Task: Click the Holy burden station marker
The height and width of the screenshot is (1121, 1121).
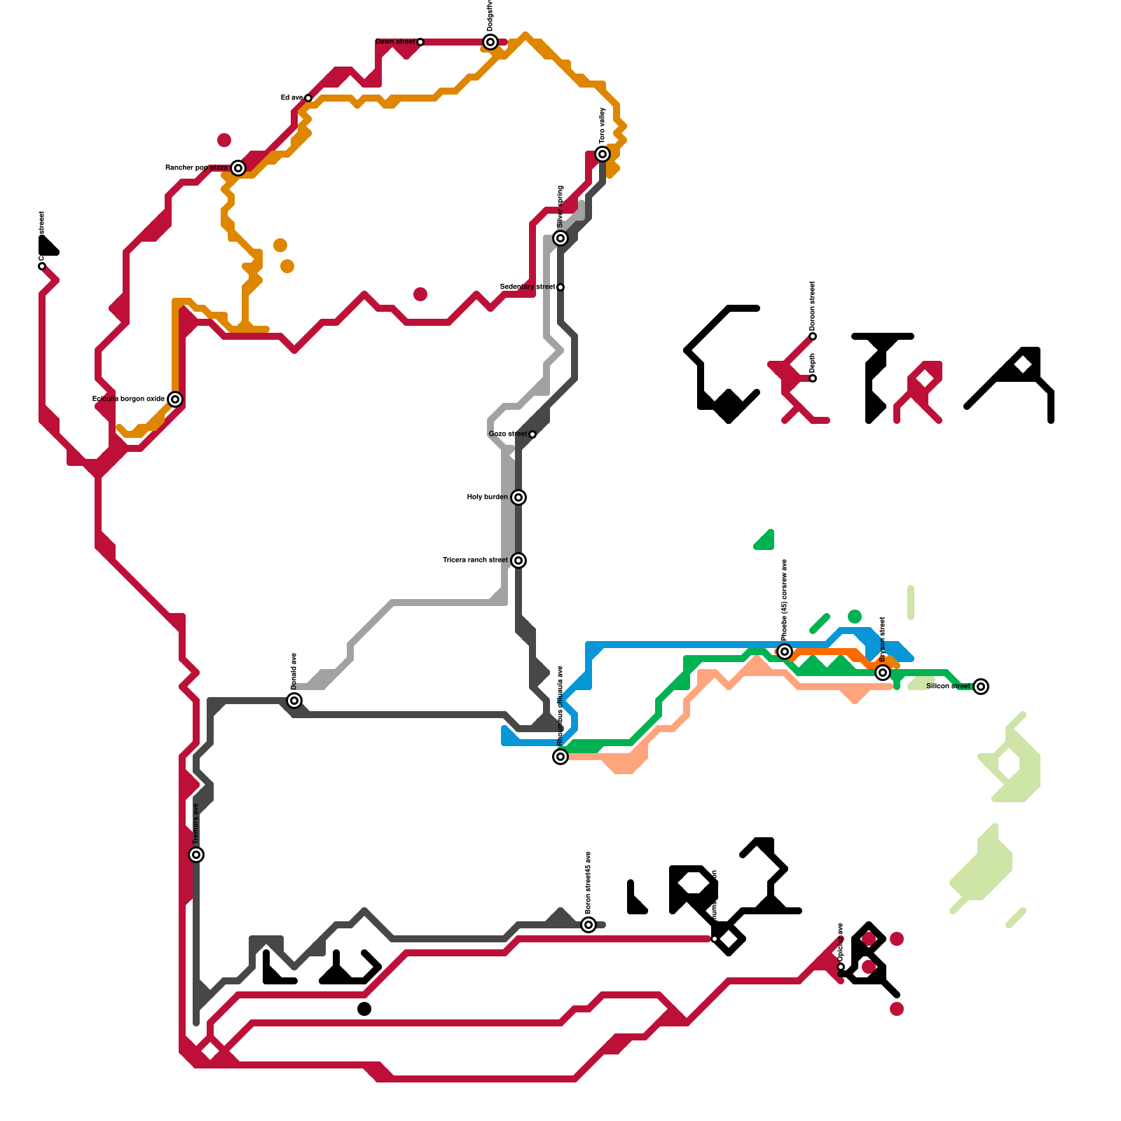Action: click(x=518, y=497)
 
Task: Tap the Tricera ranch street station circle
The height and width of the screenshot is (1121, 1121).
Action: click(x=518, y=560)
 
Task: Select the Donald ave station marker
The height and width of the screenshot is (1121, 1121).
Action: click(x=294, y=701)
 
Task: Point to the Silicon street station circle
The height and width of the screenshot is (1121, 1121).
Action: click(x=981, y=687)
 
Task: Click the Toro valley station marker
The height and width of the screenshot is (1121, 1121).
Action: click(x=603, y=154)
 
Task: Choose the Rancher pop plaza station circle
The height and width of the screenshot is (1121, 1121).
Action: click(x=238, y=168)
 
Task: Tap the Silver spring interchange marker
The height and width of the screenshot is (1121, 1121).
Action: click(x=560, y=238)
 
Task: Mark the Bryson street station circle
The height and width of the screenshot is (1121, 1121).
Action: click(x=883, y=673)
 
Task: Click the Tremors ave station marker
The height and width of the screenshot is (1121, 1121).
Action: click(x=196, y=855)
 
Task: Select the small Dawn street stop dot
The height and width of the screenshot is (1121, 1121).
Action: click(x=420, y=42)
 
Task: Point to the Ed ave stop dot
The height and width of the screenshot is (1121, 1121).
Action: click(x=308, y=98)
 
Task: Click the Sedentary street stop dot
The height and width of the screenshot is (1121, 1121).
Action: click(x=560, y=287)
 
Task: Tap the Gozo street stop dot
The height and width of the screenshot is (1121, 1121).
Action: click(x=532, y=434)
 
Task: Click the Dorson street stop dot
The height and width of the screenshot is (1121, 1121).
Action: click(x=813, y=336)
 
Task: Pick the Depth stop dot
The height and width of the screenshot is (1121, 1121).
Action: click(x=813, y=378)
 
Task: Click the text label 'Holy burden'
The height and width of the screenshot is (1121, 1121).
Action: click(x=487, y=497)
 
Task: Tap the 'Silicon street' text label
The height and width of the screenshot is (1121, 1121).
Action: click(x=948, y=687)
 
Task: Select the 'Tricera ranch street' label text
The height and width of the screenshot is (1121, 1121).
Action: click(x=475, y=560)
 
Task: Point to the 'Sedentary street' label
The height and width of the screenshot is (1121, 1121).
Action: click(x=528, y=287)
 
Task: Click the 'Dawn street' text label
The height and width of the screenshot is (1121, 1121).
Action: click(x=395, y=42)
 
